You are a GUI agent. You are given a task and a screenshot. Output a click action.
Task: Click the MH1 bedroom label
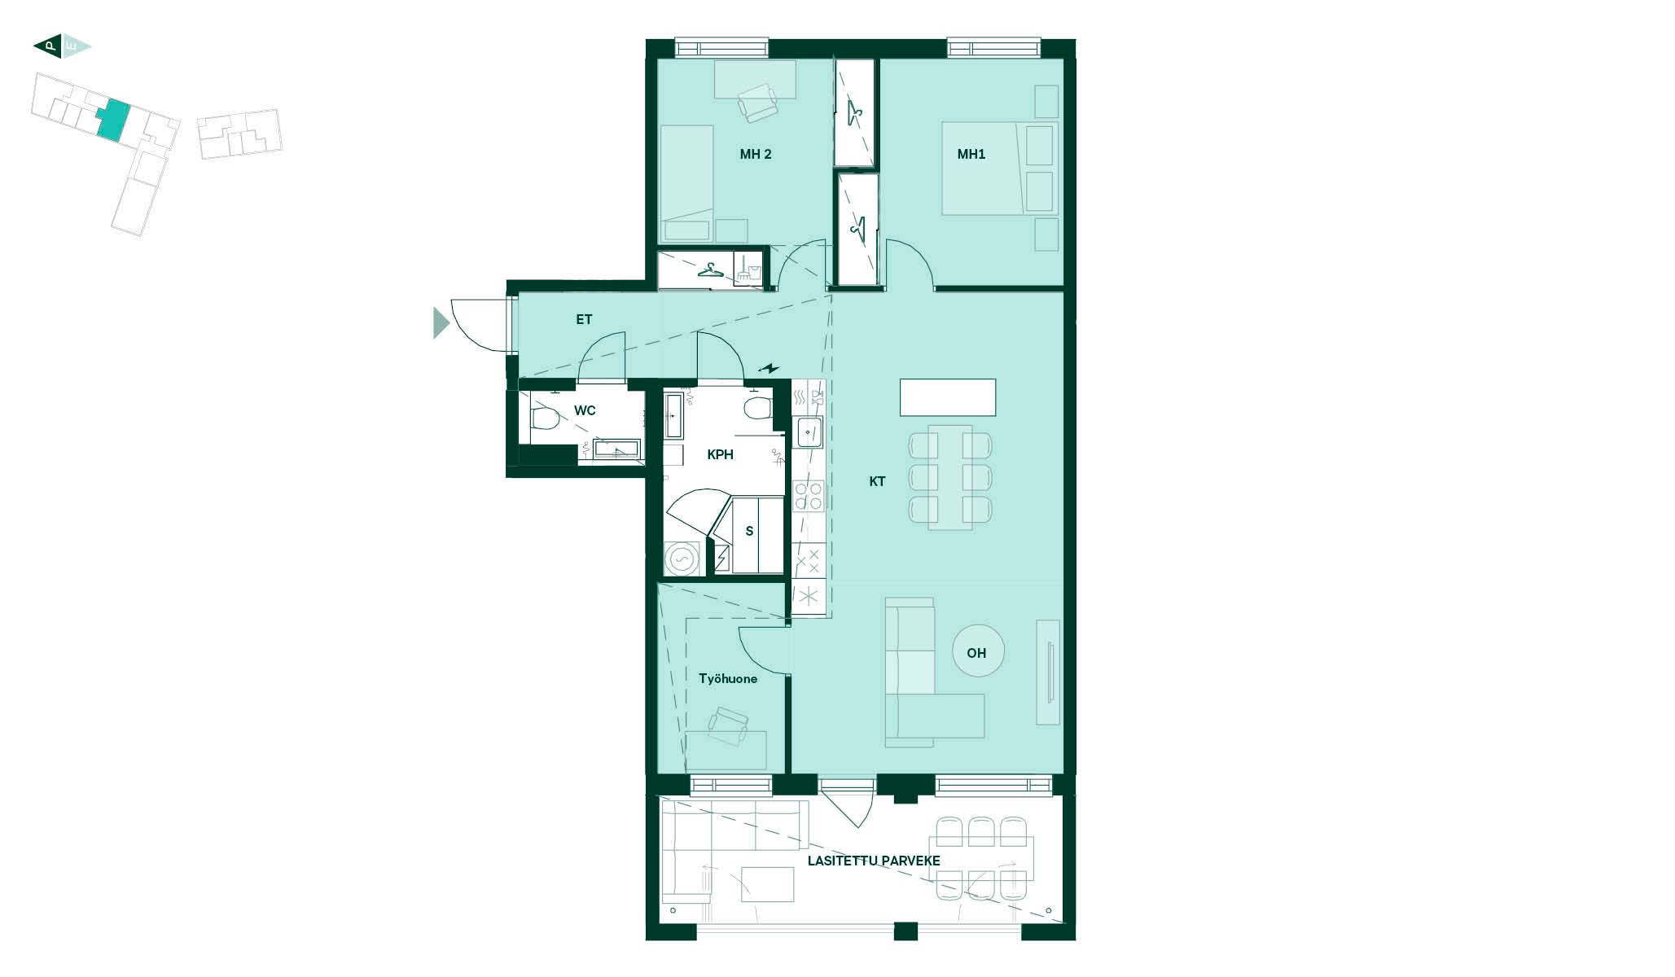pos(971,154)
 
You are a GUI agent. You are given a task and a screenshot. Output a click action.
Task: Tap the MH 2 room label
pos(756,154)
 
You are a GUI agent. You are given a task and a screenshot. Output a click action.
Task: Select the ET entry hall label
pos(584,319)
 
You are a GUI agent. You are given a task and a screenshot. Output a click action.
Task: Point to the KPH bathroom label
pos(720,454)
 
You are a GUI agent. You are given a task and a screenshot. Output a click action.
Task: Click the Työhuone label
pos(728,678)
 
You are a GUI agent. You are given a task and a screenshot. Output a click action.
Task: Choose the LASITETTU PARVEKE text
pos(874,861)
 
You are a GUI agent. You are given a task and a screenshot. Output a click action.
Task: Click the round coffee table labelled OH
pos(978,651)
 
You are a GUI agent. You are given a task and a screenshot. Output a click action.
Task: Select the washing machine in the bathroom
pos(682,559)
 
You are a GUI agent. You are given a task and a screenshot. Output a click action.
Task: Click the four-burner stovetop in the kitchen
pos(809,496)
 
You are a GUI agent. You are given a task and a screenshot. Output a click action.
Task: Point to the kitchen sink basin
pos(809,432)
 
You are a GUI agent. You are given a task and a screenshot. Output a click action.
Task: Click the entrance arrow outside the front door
pos(441,323)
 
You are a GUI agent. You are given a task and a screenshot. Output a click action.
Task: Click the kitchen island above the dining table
pos(948,397)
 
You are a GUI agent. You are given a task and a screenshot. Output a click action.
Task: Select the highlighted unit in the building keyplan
pos(113,120)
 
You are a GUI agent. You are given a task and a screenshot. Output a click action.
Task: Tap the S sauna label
pos(749,531)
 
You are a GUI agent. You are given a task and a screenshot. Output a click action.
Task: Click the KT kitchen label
pos(877,481)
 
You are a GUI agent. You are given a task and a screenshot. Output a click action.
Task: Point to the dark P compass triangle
pos(48,46)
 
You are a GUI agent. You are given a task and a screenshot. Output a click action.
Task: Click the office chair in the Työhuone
pos(728,725)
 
